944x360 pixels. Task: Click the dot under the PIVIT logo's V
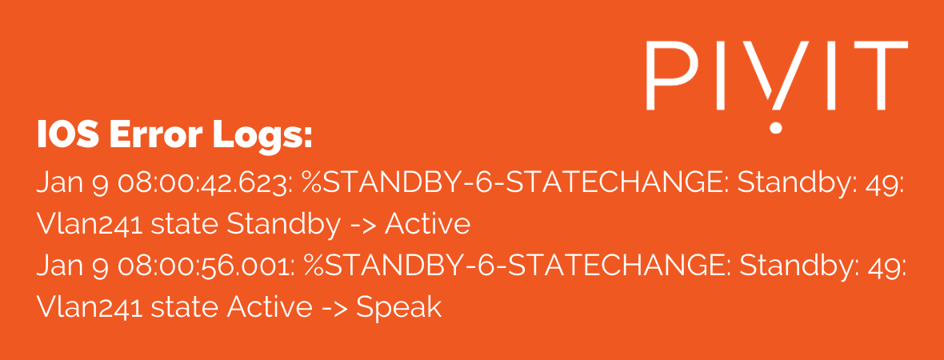(x=776, y=126)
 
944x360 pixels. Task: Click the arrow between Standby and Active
(x=362, y=226)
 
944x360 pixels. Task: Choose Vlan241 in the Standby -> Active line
(x=90, y=225)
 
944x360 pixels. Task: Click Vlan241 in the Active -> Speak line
(x=90, y=308)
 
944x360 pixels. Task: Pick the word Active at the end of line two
(x=427, y=225)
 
